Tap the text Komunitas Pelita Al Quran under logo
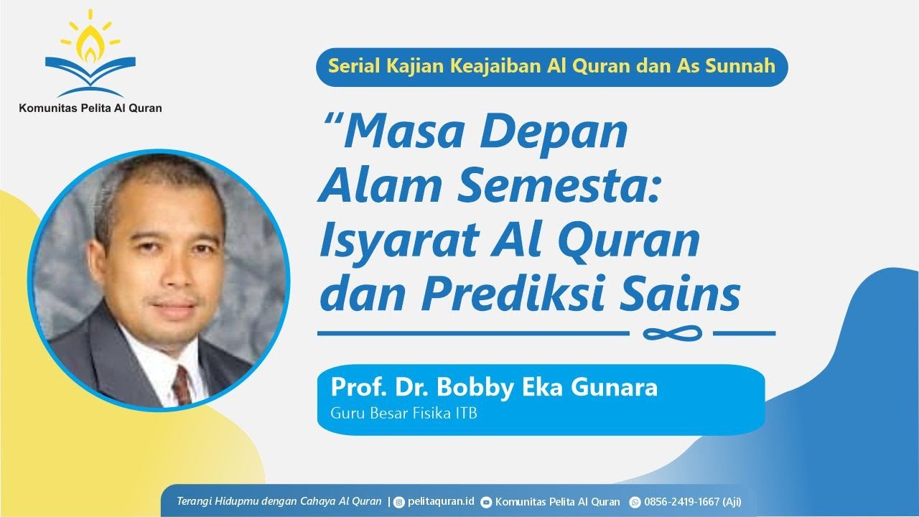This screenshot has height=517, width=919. click(90, 108)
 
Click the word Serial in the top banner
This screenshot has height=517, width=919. click(351, 66)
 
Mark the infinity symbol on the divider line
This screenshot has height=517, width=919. click(671, 333)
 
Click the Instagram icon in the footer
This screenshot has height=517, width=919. click(399, 502)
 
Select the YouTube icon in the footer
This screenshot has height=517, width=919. click(486, 502)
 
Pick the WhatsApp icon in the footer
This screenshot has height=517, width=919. click(635, 502)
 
